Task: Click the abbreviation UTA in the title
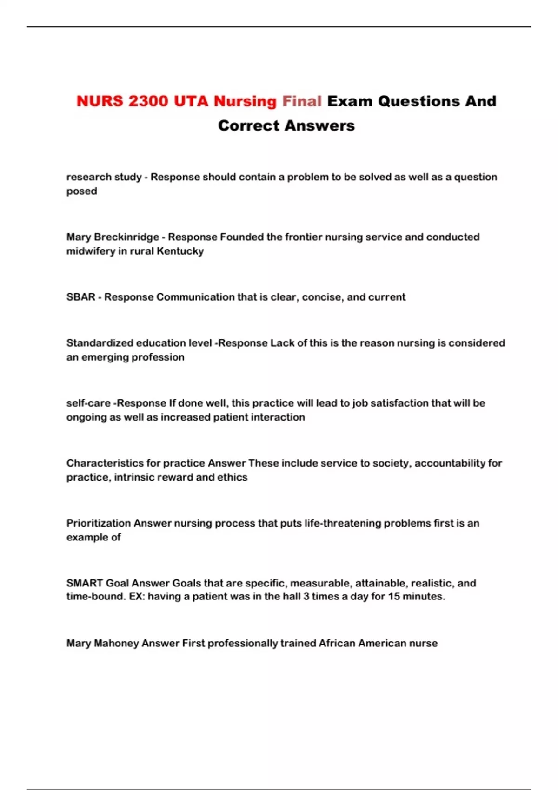(191, 101)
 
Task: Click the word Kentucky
(180, 251)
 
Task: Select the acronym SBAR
(80, 297)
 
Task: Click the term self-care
(88, 403)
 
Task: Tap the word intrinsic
(134, 477)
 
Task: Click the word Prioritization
(99, 523)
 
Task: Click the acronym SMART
(85, 583)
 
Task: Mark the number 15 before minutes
(394, 596)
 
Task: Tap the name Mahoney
(116, 643)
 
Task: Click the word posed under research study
(81, 191)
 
